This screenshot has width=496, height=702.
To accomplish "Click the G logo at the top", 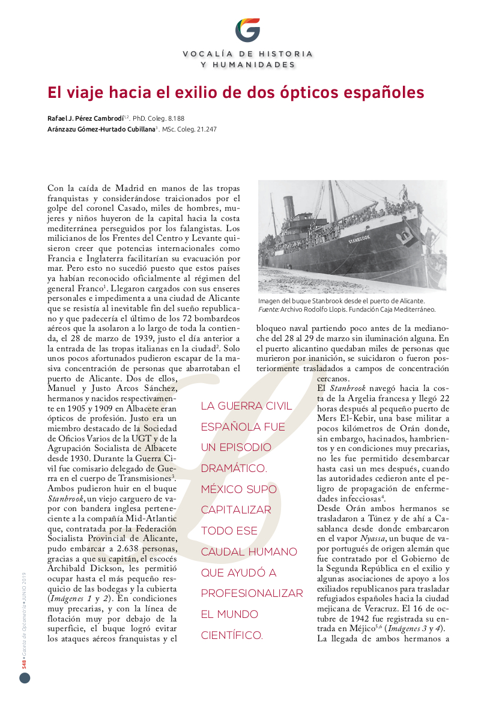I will (247, 29).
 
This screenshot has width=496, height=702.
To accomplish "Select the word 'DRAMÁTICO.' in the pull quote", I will (234, 468).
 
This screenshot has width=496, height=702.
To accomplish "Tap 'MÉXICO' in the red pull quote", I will (223, 489).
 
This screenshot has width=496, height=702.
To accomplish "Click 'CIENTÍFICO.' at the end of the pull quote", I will (232, 635).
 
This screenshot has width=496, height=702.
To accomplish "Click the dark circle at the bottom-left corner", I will (25, 678).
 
